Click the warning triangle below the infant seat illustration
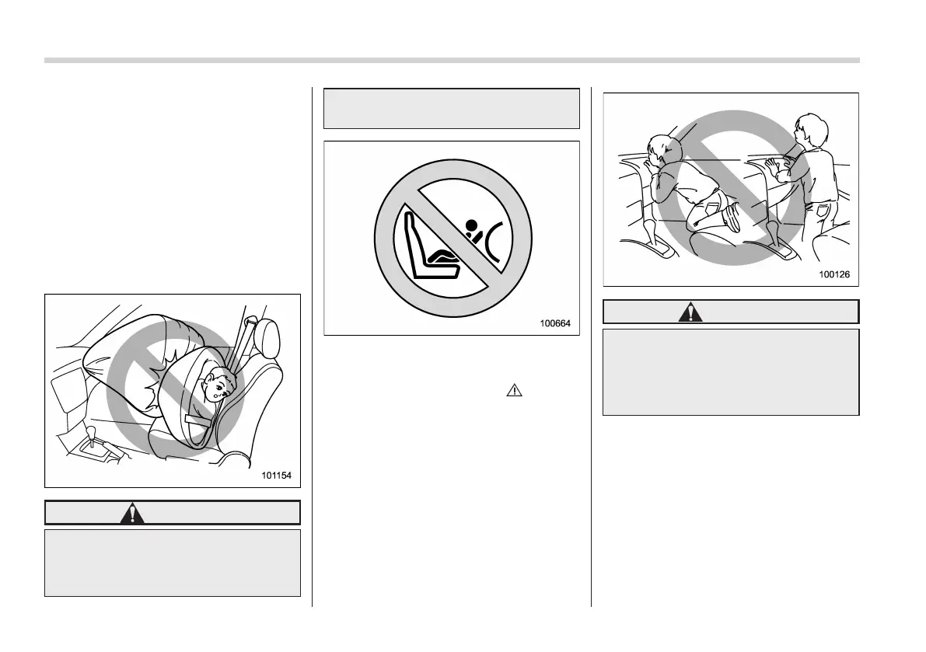132,513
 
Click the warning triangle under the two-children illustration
690,312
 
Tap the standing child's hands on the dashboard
771,163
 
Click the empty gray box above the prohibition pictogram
451,108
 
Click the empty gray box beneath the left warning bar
172,563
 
